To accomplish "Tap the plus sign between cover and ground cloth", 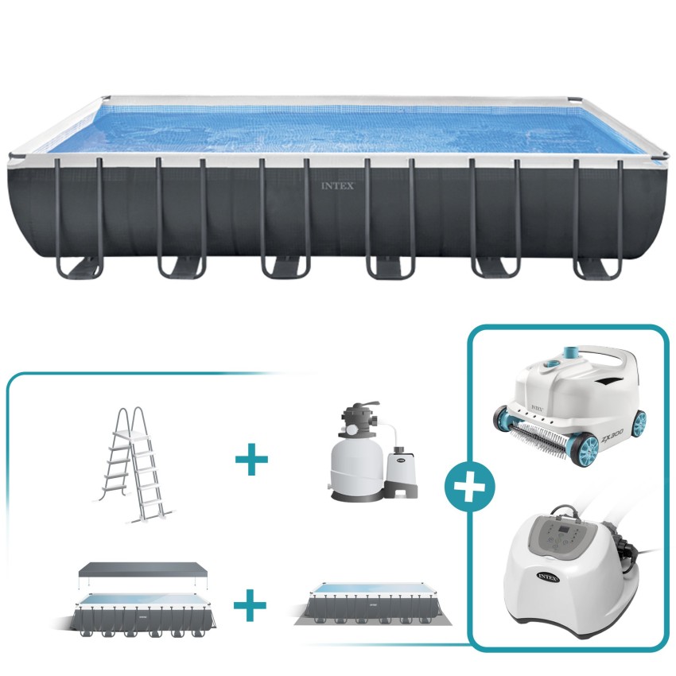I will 251,607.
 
